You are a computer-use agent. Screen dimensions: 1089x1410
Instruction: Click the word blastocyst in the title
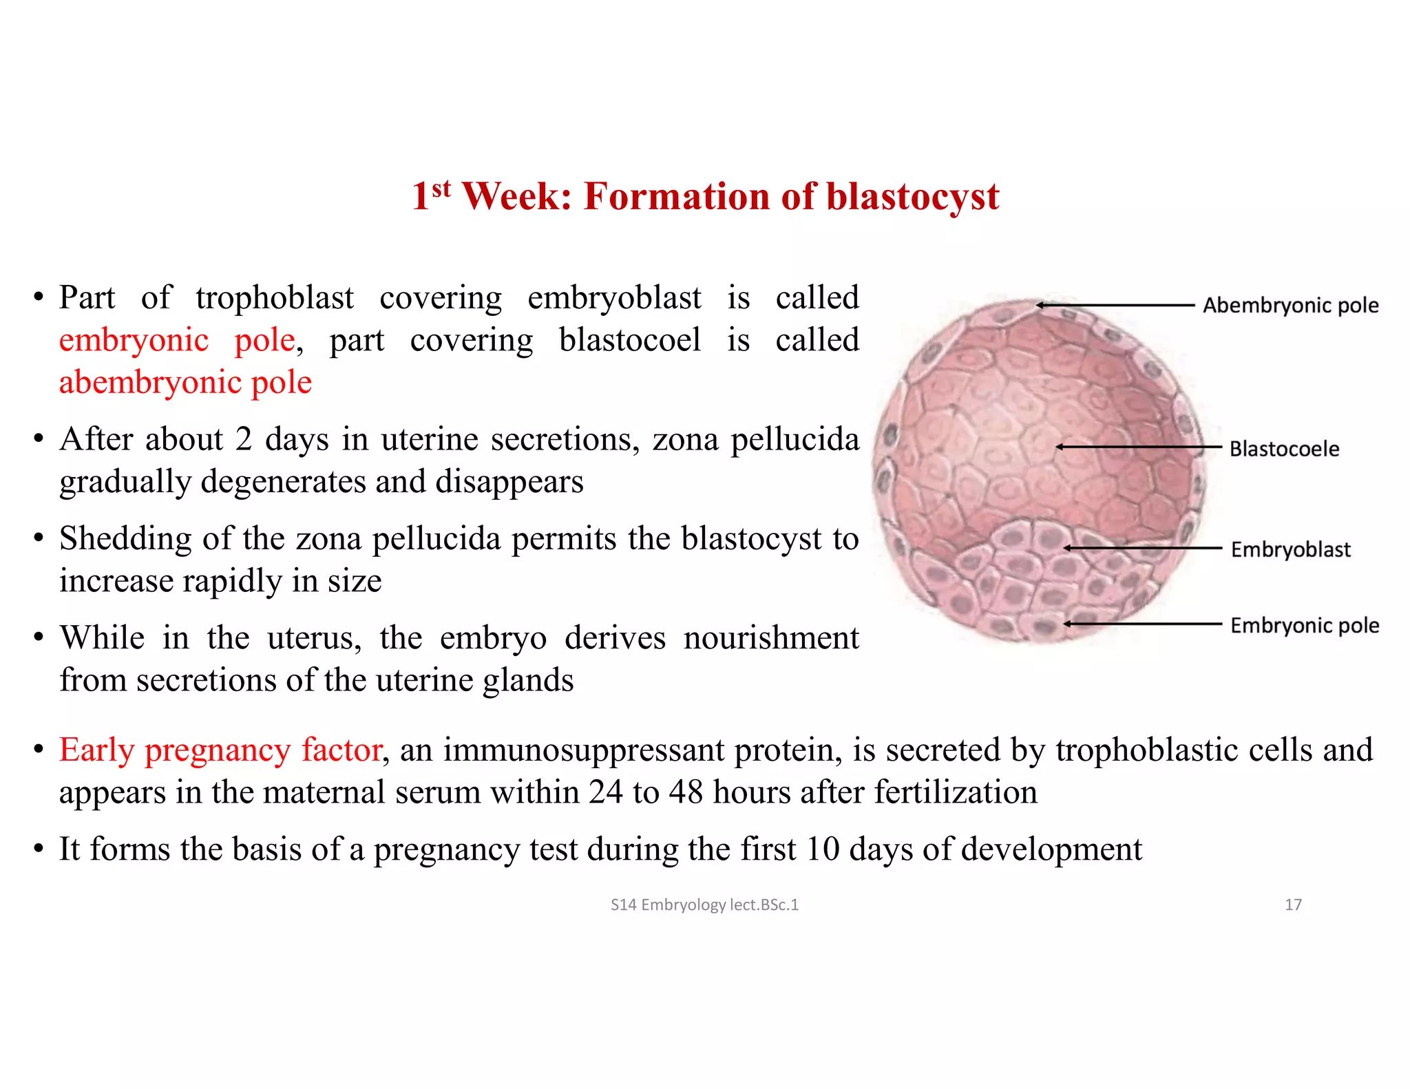pos(912,198)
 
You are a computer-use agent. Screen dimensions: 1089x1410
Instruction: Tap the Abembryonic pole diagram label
pos(1290,306)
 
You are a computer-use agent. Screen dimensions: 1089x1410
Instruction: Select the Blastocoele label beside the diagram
pos(1284,449)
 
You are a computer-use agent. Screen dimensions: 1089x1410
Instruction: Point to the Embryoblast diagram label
pos(1290,549)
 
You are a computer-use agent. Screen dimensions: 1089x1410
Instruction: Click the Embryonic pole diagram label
pos(1305,626)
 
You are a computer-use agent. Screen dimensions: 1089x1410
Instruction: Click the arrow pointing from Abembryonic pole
pos(1115,305)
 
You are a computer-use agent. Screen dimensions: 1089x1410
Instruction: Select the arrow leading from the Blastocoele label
pos(1139,447)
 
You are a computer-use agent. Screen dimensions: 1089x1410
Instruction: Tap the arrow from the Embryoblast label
pos(1143,549)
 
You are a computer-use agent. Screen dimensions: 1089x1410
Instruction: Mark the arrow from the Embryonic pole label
pos(1143,624)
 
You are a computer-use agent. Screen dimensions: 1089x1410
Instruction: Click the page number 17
pos(1293,905)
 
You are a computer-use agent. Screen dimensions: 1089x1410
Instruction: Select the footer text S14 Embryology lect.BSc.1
pos(704,905)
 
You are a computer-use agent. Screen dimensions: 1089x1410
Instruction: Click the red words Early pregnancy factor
pos(220,750)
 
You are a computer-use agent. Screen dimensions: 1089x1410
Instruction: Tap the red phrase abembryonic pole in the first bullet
pos(185,383)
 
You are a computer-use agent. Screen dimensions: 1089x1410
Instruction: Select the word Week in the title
pos(516,197)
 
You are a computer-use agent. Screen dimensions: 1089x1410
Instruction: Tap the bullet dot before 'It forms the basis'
pos(39,849)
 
